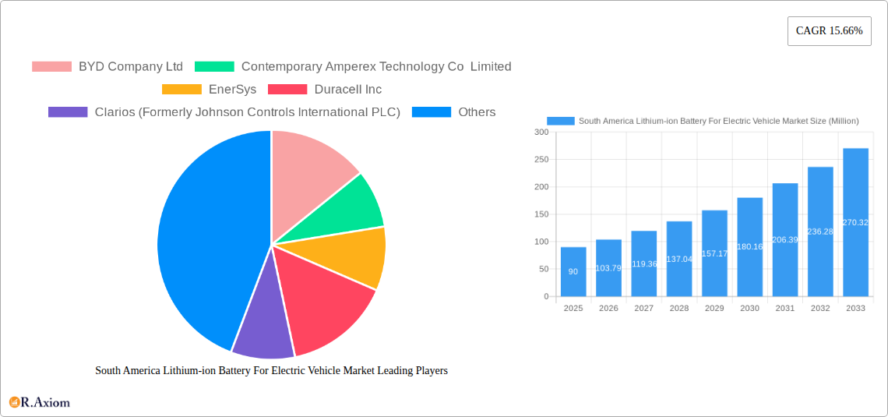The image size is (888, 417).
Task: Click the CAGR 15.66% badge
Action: pyautogui.click(x=829, y=31)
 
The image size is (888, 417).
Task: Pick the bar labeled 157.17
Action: pyautogui.click(x=714, y=253)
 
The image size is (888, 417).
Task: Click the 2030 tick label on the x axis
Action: pyautogui.click(x=749, y=309)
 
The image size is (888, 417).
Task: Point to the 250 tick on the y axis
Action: pyautogui.click(x=541, y=160)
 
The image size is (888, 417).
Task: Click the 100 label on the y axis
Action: pyautogui.click(x=541, y=242)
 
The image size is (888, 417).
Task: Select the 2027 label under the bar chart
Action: pyautogui.click(x=643, y=309)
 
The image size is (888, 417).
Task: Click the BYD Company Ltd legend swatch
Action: pyautogui.click(x=51, y=67)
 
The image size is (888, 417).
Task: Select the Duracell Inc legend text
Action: pyautogui.click(x=347, y=90)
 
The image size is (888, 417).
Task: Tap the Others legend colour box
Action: pyautogui.click(x=431, y=112)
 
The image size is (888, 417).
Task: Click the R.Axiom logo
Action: pyautogui.click(x=40, y=402)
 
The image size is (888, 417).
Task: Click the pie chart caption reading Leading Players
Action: pyautogui.click(x=271, y=371)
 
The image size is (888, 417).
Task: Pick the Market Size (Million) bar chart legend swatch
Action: pyautogui.click(x=560, y=121)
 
